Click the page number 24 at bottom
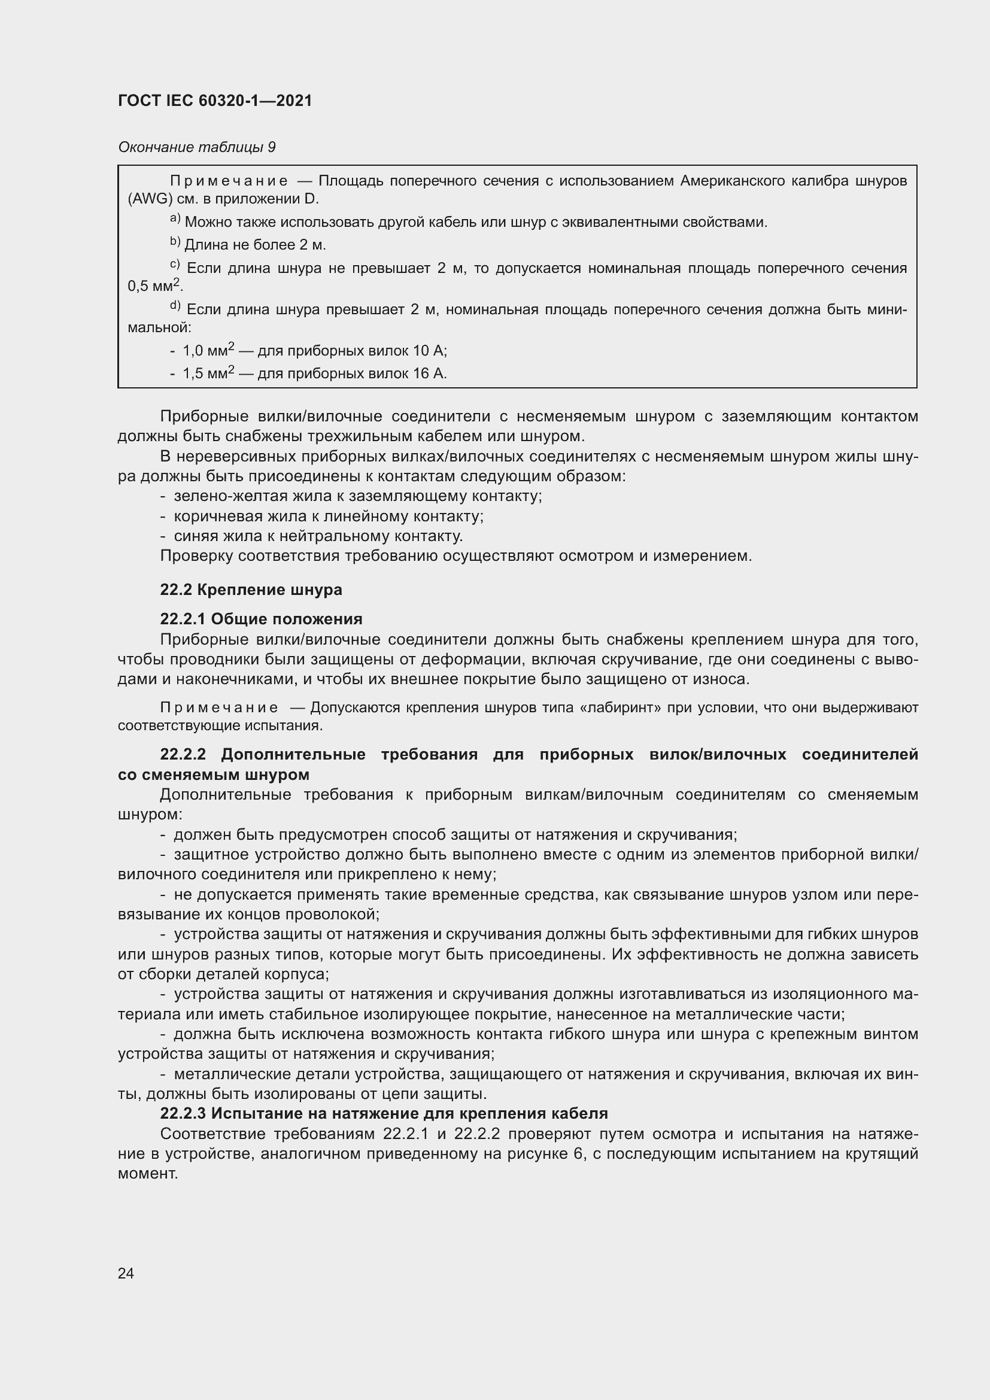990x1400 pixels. coord(126,1273)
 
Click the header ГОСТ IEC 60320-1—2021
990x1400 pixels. coord(215,101)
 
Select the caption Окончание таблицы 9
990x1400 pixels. coord(196,147)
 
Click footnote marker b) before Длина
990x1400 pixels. coord(175,242)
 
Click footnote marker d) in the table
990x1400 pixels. coord(175,306)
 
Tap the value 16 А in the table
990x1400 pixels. coord(429,373)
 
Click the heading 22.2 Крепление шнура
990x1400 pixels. coord(251,590)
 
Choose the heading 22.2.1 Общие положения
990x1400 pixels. coord(261,619)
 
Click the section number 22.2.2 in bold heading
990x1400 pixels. coord(183,754)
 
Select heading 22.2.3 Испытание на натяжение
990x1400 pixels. coord(384,1113)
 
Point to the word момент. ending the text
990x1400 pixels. coord(147,1173)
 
